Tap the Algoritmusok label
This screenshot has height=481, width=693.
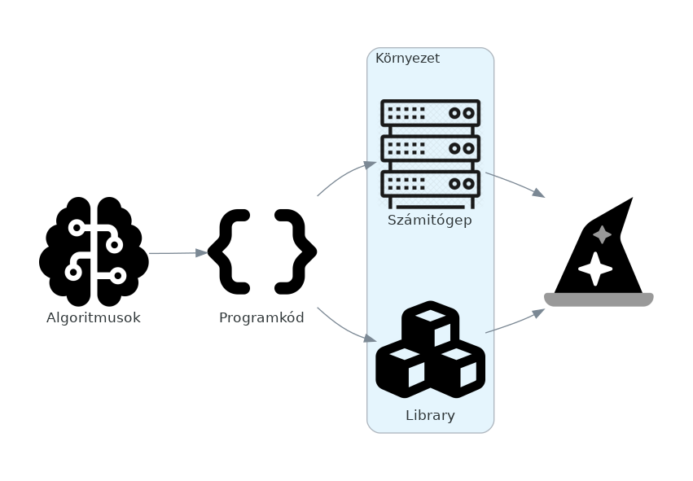click(x=94, y=318)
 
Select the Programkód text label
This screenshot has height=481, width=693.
click(x=261, y=318)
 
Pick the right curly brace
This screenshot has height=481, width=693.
click(x=295, y=251)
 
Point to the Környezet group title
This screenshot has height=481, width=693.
click(x=407, y=59)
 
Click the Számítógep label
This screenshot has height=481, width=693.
click(x=430, y=221)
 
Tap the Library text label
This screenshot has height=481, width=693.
click(x=430, y=416)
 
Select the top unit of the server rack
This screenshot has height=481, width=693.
click(x=430, y=113)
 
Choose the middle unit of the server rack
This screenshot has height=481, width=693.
click(x=430, y=148)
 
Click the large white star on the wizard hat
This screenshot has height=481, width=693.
click(x=594, y=269)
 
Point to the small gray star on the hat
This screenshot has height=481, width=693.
click(x=602, y=234)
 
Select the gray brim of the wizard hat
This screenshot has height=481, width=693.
click(x=599, y=300)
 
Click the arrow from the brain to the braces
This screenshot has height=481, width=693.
click(x=178, y=253)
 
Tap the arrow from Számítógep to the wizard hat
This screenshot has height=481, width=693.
click(x=515, y=184)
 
